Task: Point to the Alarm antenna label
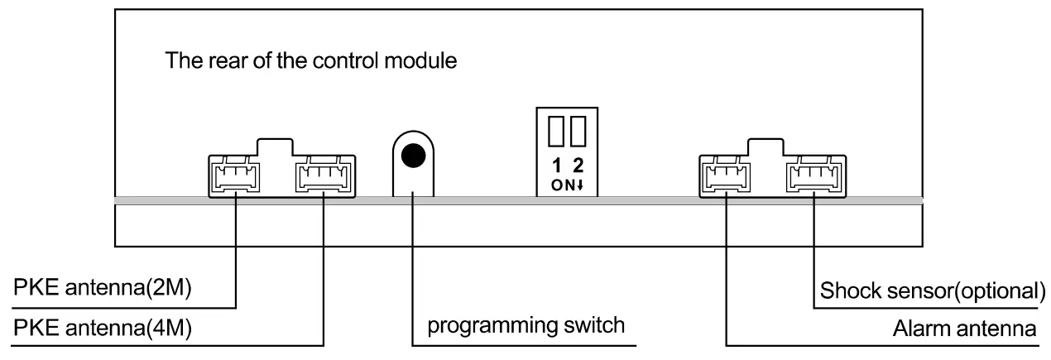(964, 329)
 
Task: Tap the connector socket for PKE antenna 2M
(236, 175)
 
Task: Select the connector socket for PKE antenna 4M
(323, 175)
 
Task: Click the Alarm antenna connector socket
(726, 175)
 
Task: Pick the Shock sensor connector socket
(813, 175)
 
